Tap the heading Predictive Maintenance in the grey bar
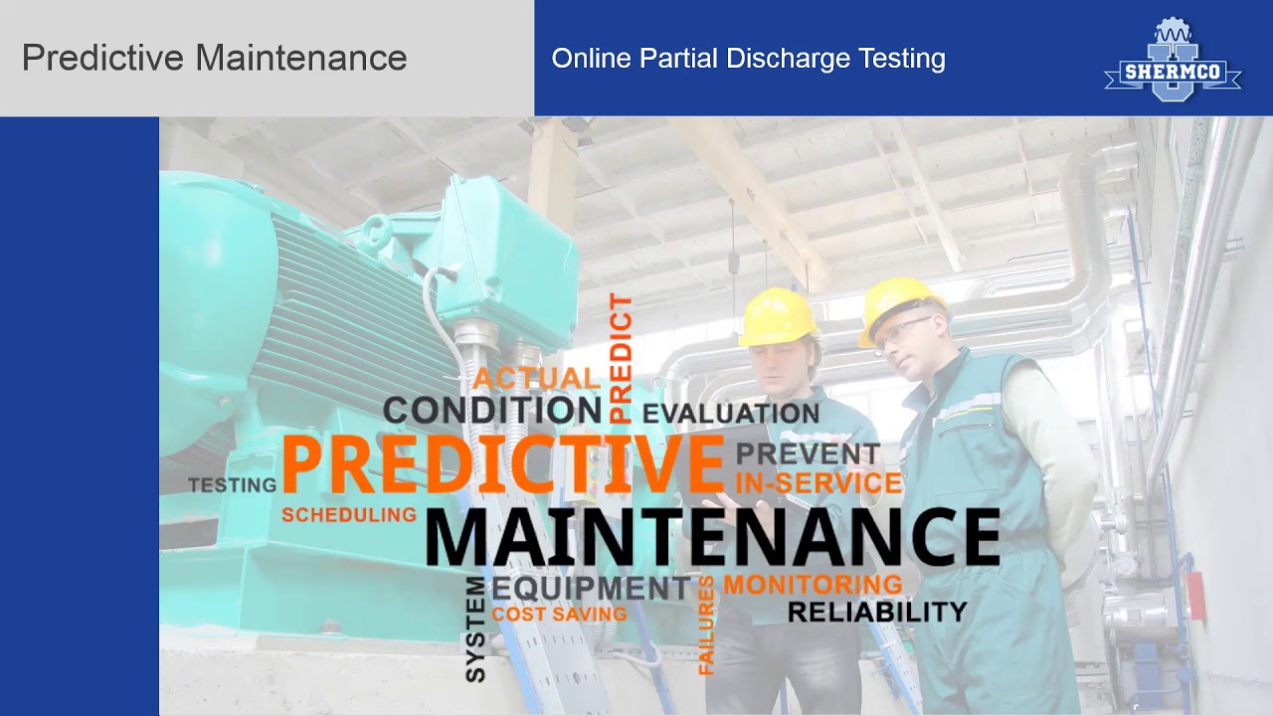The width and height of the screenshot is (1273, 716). pos(214,58)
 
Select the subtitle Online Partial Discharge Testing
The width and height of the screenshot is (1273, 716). pos(748,59)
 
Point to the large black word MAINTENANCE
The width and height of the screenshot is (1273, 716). pos(712,537)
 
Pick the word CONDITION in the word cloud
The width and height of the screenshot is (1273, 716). pos(492,410)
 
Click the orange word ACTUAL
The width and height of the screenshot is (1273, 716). pos(536,379)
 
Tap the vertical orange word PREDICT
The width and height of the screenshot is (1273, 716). pos(621,358)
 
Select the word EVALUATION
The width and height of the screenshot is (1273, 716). pos(731,413)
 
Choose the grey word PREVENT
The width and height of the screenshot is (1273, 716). pos(808,454)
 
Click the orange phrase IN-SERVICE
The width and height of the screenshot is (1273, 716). pos(818,483)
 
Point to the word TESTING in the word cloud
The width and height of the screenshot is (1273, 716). pos(233,485)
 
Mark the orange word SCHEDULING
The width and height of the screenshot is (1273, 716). pos(349,515)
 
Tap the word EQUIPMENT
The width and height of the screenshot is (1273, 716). pos(591,588)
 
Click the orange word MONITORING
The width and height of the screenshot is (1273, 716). pos(813,585)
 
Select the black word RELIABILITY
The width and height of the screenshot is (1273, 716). pos(877,612)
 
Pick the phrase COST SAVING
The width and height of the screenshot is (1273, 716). pos(559,615)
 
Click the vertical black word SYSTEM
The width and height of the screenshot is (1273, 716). pos(476,628)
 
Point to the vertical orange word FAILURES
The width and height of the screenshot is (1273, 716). pos(706,626)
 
